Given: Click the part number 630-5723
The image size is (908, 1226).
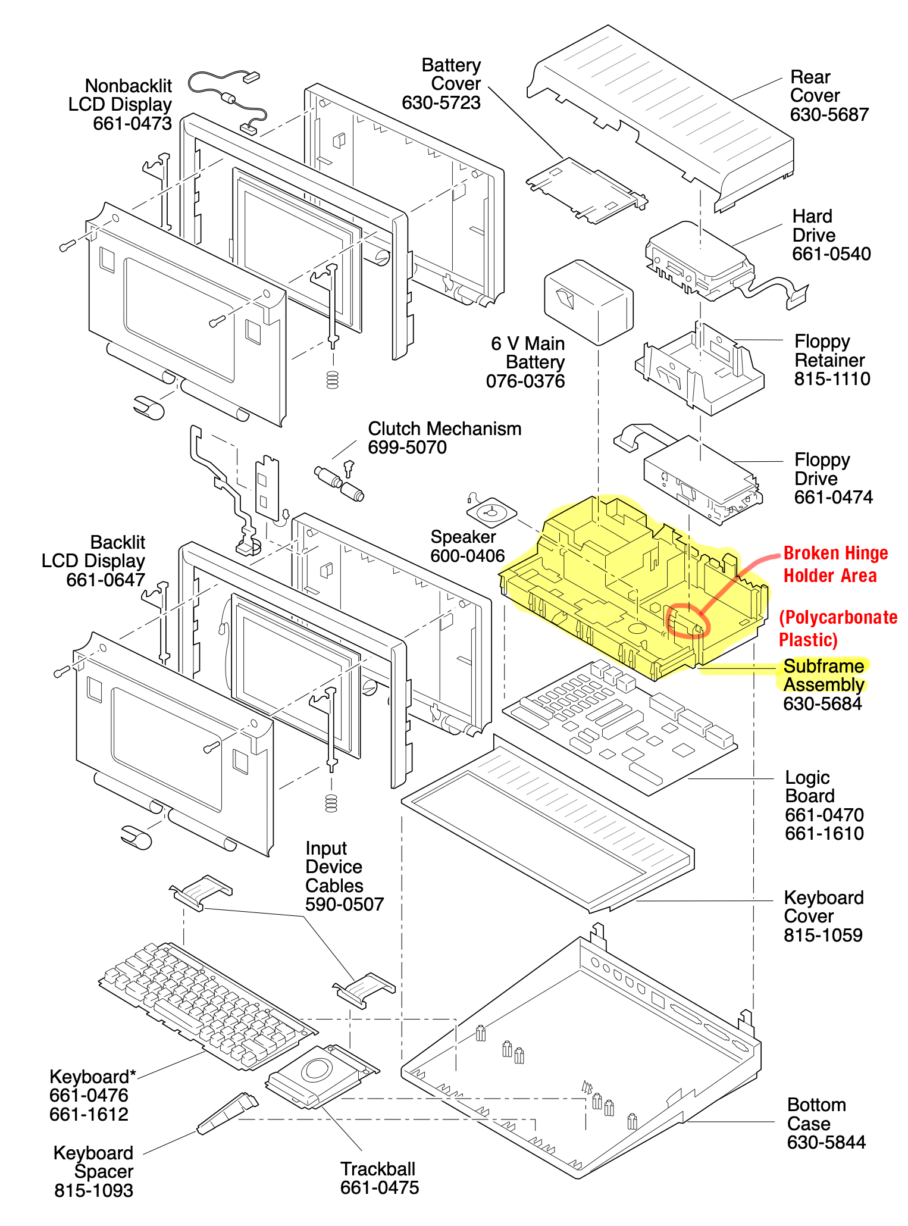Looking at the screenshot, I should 441,103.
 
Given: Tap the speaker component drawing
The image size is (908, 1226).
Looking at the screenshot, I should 491,512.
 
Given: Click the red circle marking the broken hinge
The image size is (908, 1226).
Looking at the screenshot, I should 688,621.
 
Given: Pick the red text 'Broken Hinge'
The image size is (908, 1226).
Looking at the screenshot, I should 835,553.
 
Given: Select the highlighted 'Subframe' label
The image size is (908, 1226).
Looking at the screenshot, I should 824,666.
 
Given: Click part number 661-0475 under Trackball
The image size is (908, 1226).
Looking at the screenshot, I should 380,1187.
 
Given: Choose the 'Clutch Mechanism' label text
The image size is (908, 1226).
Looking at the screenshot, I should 444,429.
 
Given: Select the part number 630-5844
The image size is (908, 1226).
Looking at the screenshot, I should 826,1142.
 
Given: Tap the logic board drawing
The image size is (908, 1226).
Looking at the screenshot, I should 619,726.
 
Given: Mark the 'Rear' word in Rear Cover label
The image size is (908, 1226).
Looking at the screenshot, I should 810,77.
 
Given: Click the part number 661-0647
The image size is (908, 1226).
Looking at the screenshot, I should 105,580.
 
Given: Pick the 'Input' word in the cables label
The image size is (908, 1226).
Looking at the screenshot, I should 325,848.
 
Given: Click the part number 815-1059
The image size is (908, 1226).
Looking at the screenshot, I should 823,935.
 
